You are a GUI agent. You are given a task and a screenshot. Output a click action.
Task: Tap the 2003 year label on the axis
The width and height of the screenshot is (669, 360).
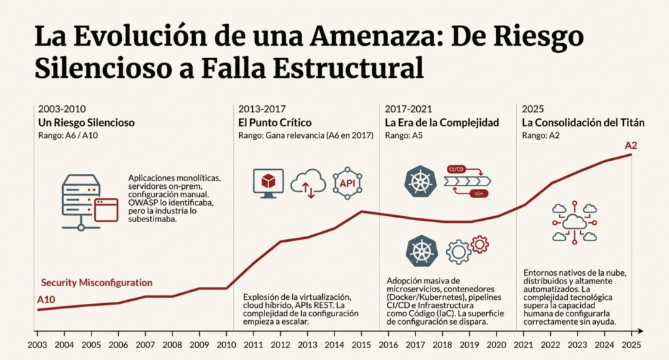[x=39, y=344]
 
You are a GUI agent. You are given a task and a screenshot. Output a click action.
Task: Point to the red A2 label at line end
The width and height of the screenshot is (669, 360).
[x=631, y=145]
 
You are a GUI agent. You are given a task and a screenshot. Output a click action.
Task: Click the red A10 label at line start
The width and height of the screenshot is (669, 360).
[x=46, y=300]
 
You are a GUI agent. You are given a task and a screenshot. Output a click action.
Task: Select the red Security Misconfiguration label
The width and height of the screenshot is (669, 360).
[x=97, y=283]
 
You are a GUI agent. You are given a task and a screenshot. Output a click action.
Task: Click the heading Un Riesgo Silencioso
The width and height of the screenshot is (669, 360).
[x=86, y=122]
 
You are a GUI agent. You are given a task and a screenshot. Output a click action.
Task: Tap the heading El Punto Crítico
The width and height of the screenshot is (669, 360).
[x=275, y=122]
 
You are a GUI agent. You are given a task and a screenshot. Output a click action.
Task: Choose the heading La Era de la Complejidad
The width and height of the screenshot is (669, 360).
[x=442, y=122]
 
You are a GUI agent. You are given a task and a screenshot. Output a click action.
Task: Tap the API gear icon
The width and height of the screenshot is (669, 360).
[x=347, y=184]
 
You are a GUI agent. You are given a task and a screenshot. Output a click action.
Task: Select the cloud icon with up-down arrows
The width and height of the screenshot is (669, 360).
[x=308, y=184]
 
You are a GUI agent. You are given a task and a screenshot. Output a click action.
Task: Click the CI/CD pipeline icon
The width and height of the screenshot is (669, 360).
[x=467, y=182]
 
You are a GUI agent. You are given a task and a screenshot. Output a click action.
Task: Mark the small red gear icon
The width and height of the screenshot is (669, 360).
[x=480, y=244]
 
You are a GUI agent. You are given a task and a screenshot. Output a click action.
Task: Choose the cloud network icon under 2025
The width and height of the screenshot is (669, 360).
[x=574, y=222]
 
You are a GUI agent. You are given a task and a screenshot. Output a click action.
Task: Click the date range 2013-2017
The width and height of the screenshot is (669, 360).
[x=262, y=108]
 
